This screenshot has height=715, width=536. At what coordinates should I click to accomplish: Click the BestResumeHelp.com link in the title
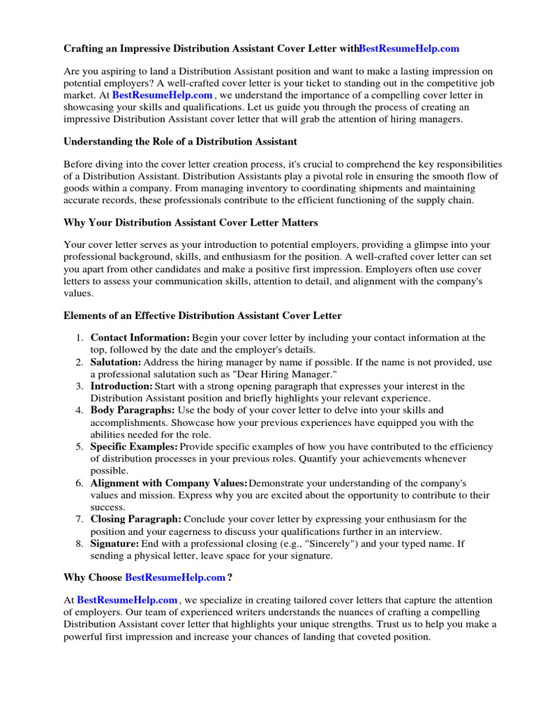[x=409, y=48]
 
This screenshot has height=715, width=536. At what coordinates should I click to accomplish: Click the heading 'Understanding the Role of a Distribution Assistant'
[x=180, y=142]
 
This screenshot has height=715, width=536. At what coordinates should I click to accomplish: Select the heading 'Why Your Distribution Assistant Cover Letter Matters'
[x=191, y=223]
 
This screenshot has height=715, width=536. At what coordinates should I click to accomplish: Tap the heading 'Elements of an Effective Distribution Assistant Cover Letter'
[x=202, y=316]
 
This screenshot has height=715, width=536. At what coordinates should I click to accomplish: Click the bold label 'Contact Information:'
[x=140, y=337]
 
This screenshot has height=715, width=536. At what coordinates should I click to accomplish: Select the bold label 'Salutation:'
[x=116, y=362]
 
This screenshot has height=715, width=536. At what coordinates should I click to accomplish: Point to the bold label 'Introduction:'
[x=121, y=386]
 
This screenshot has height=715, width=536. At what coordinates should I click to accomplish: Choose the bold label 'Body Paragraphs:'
[x=133, y=411]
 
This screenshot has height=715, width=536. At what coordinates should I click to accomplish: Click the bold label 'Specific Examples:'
[x=134, y=447]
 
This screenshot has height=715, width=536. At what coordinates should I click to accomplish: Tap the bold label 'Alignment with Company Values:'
[x=169, y=483]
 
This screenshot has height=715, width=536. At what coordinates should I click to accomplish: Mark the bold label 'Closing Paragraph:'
[x=136, y=519]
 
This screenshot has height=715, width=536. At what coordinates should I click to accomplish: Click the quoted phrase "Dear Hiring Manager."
[x=288, y=374]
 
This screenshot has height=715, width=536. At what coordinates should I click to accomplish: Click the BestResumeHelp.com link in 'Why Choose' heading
[x=175, y=577]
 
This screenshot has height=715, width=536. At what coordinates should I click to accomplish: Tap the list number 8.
[x=80, y=544]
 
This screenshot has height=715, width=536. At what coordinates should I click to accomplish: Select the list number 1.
[x=80, y=337]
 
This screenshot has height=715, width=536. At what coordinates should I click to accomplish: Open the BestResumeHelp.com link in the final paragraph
[x=127, y=600]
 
